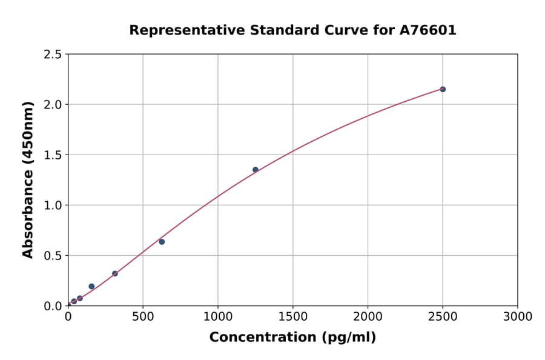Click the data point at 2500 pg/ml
pyautogui.click(x=443, y=89)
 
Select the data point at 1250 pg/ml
pyautogui.click(x=256, y=170)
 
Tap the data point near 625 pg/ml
pyautogui.click(x=162, y=242)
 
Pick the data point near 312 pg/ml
pyautogui.click(x=115, y=273)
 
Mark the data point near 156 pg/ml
pyautogui.click(x=91, y=287)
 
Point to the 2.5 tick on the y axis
pyautogui.click(x=53, y=55)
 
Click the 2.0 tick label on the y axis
pyautogui.click(x=53, y=105)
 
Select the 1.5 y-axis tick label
pyautogui.click(x=53, y=155)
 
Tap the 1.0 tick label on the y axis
pyautogui.click(x=53, y=205)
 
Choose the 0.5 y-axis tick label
pyautogui.click(x=53, y=256)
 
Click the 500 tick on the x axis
pyautogui.click(x=143, y=316)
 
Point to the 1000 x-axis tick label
pyautogui.click(x=218, y=316)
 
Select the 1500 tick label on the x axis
pyautogui.click(x=293, y=316)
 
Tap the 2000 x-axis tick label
pyautogui.click(x=368, y=316)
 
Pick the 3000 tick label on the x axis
pyautogui.click(x=518, y=316)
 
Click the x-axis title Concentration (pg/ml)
pyautogui.click(x=292, y=338)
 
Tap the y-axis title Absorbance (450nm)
pyautogui.click(x=28, y=179)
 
